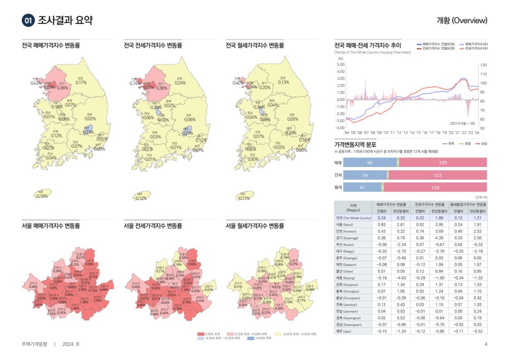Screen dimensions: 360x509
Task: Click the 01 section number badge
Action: tap(29, 20)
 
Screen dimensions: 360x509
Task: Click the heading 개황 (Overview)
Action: tap(462, 20)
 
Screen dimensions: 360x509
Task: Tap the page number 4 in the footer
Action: tap(486, 344)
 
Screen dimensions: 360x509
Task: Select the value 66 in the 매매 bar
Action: tap(370, 162)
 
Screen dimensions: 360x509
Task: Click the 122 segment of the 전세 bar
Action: tap(438, 175)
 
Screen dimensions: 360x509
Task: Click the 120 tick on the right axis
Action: tap(484, 65)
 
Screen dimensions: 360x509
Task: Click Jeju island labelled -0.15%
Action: tap(43, 195)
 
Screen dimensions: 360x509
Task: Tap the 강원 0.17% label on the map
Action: tap(81, 81)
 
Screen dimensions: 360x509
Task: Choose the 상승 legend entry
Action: tap(482, 144)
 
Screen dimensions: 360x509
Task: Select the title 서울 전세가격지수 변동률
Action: tap(153, 226)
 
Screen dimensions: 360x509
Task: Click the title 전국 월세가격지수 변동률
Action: tap(254, 45)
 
